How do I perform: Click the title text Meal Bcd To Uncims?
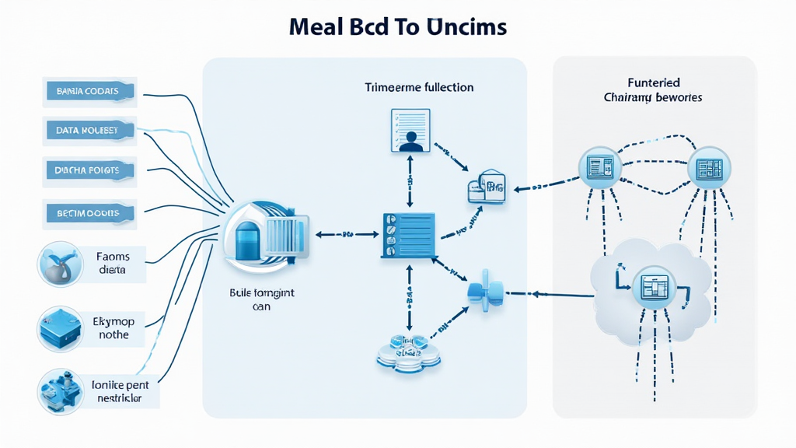click(x=397, y=27)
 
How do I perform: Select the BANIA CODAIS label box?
click(x=88, y=91)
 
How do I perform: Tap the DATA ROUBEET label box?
click(x=88, y=131)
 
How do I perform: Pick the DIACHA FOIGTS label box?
click(x=88, y=170)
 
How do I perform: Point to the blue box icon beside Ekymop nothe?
click(x=60, y=327)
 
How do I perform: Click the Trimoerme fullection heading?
click(x=419, y=88)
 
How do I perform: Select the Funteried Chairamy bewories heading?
click(x=653, y=89)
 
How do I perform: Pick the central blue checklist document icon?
click(x=407, y=233)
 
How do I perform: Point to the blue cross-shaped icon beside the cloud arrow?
click(x=480, y=292)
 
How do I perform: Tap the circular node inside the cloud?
click(x=651, y=289)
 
